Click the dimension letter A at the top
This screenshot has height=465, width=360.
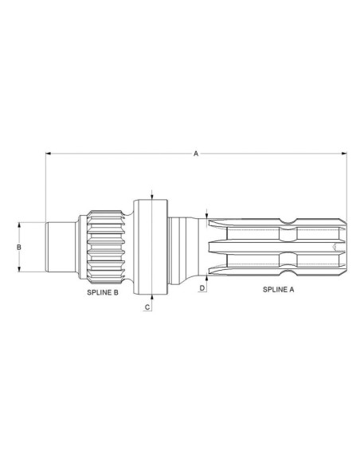tap(196, 154)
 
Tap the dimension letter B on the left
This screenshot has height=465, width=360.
tap(19, 247)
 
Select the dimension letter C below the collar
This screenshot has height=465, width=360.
tap(147, 307)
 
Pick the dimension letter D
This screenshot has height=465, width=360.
tap(202, 288)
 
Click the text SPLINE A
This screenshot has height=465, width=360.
tap(279, 290)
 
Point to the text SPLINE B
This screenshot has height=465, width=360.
tap(103, 292)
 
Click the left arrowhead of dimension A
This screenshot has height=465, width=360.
tap(48, 154)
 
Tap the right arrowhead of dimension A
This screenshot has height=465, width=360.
tap(344, 154)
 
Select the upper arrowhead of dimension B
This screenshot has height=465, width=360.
tap(19, 225)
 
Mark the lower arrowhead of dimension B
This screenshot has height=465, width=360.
tap(19, 269)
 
